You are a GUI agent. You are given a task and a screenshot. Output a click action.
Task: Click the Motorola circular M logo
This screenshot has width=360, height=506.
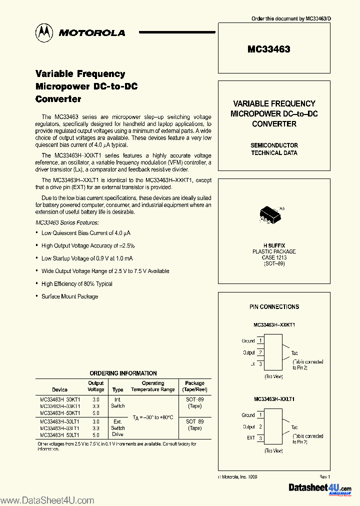[x=43, y=32]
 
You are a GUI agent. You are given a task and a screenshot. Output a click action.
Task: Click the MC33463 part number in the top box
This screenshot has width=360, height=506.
[x=268, y=49]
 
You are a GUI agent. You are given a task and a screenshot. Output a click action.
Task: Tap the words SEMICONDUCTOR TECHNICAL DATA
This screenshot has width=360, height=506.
[x=274, y=149]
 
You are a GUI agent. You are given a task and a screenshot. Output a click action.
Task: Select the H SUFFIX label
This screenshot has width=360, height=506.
[x=274, y=245]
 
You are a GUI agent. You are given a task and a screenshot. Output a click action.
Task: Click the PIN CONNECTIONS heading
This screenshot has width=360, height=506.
[x=274, y=306]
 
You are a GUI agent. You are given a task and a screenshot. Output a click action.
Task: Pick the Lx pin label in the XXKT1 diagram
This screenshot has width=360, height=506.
[x=252, y=364]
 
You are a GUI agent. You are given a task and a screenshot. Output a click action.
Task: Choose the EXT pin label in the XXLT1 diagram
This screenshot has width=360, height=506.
[x=250, y=438]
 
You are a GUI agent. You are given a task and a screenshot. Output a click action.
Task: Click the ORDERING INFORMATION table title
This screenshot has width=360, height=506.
[x=123, y=373]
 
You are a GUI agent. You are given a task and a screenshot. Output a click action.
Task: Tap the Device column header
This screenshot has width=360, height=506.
[x=59, y=389]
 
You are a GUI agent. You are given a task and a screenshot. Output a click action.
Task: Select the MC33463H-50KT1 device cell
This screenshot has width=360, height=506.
[x=60, y=413]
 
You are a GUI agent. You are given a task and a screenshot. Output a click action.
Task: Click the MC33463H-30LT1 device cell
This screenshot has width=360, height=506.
[x=60, y=421]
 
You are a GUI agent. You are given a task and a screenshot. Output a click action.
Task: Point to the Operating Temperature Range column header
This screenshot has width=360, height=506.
[x=153, y=386]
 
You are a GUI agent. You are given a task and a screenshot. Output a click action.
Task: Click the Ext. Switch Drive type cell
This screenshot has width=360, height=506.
[x=117, y=428]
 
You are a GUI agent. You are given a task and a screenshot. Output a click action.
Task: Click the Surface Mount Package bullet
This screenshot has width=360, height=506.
[x=69, y=296]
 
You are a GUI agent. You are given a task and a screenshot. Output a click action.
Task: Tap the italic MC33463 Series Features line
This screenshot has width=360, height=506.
[x=67, y=222]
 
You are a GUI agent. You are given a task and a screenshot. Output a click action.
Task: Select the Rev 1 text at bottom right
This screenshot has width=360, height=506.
[x=324, y=477]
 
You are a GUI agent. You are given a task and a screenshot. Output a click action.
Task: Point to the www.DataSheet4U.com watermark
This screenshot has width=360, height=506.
[x=47, y=500]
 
